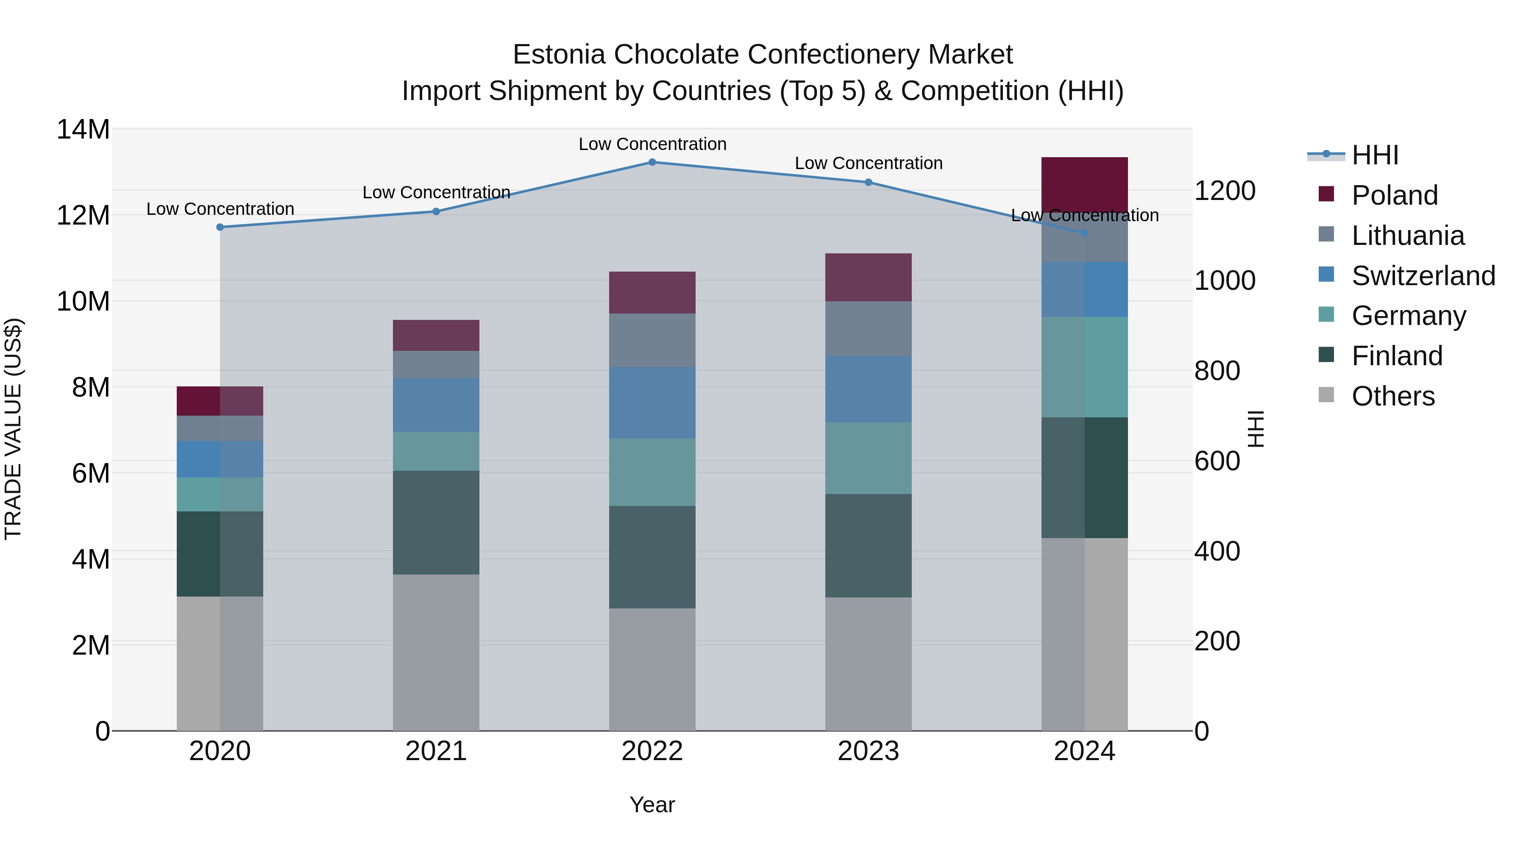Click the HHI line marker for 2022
point(652,162)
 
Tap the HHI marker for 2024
point(1085,233)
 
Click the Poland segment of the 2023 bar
point(869,277)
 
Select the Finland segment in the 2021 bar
point(436,522)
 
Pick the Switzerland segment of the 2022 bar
point(652,403)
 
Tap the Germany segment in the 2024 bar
point(1085,367)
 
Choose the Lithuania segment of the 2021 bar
point(436,364)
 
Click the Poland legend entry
point(1395,195)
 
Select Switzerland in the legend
point(1423,275)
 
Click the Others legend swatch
point(1326,395)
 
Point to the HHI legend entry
point(1374,155)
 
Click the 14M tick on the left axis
point(83,129)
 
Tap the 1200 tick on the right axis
point(1224,191)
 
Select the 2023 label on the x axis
point(869,751)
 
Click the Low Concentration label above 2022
point(652,144)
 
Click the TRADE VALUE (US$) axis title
point(13,429)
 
